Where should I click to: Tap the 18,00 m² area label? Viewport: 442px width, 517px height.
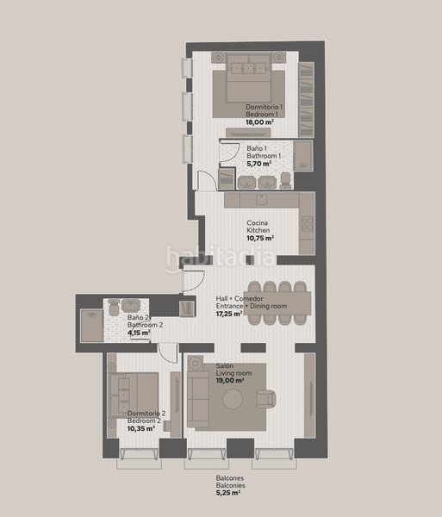(260, 123)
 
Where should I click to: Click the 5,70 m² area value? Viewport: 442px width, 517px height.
(258, 163)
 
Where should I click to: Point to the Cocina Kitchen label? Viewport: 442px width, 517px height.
(258, 227)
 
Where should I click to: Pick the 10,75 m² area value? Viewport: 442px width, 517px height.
(260, 239)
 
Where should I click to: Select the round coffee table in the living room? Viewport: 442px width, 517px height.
(233, 400)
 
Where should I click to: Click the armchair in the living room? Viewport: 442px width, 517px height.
(266, 399)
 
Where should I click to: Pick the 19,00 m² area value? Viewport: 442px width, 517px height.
(230, 380)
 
